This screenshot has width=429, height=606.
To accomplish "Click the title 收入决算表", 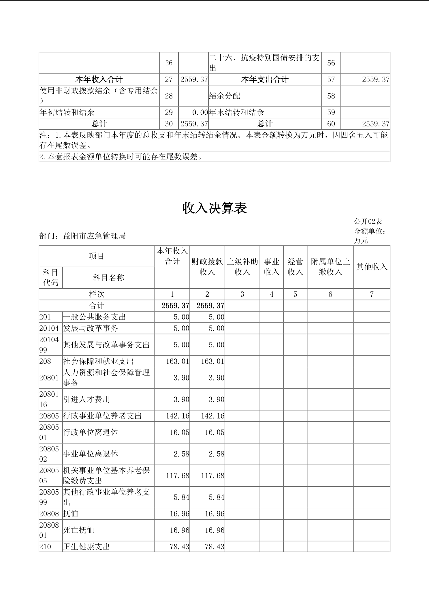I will (x=215, y=208).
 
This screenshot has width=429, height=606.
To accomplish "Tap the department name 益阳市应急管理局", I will (x=94, y=236).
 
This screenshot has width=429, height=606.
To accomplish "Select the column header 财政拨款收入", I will (x=207, y=267).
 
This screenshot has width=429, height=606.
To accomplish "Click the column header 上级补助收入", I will (x=242, y=267).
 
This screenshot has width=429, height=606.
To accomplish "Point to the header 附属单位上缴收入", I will (x=330, y=267).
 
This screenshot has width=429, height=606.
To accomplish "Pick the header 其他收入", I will (x=372, y=267).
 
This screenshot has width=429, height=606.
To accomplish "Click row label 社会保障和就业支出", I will (x=98, y=361).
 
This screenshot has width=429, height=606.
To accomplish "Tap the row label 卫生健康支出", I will (x=86, y=547).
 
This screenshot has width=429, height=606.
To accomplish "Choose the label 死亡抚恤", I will (x=79, y=530).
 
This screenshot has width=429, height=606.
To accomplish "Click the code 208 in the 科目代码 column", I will (x=45, y=361).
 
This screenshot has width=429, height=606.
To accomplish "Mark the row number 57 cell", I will (x=331, y=79).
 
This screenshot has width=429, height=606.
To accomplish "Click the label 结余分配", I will (x=225, y=96).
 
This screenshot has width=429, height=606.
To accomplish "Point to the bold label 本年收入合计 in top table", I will (x=99, y=79).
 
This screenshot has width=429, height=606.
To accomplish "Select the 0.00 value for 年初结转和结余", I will (x=200, y=112).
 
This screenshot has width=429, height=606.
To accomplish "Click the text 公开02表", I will (x=368, y=221).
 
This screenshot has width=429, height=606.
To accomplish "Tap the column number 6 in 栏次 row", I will (x=330, y=294).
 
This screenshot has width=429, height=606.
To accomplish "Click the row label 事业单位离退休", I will (x=91, y=454).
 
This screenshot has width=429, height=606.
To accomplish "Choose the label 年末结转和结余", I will (x=236, y=112).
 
